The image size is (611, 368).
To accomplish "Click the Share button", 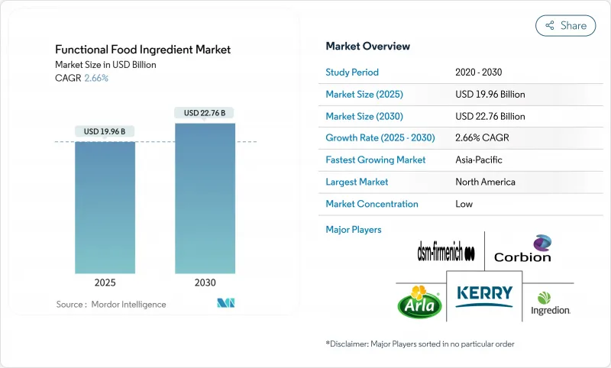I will (x=566, y=25).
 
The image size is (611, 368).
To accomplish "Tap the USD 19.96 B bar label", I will (x=105, y=131).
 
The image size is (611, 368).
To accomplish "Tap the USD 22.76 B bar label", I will (x=205, y=113).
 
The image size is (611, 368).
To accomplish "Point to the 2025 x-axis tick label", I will (x=105, y=282).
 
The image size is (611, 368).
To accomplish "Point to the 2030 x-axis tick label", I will (x=205, y=282).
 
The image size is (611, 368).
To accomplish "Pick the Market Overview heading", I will (x=367, y=46).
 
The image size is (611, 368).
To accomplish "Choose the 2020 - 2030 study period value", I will (x=480, y=73).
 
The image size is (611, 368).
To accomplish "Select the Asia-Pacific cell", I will (x=479, y=160).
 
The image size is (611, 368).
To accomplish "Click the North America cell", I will (x=484, y=182).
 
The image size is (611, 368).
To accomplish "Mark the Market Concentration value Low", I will (x=464, y=204).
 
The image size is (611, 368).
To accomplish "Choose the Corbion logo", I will (x=522, y=249).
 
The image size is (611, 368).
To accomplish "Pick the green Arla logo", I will (x=419, y=302).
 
